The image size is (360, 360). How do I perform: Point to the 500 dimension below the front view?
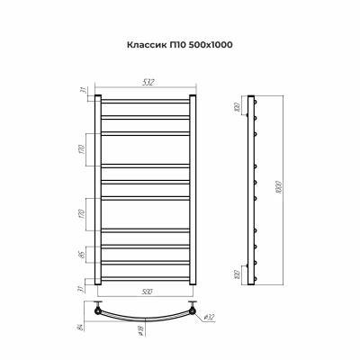pyautogui.click(x=145, y=292)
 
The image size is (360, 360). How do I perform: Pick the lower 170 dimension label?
pyautogui.click(x=82, y=216)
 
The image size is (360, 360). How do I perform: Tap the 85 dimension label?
pyautogui.click(x=82, y=254)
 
